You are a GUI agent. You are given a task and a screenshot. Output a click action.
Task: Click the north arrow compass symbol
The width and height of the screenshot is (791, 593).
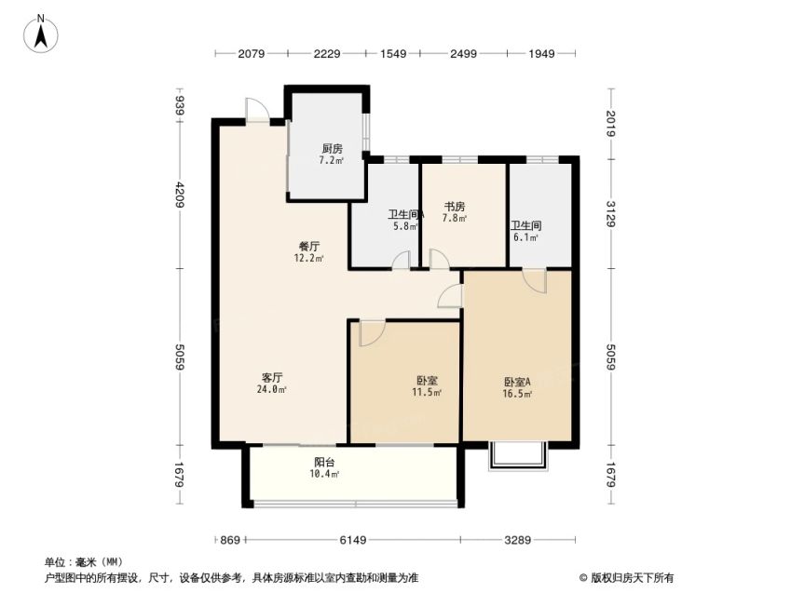(x=41, y=34)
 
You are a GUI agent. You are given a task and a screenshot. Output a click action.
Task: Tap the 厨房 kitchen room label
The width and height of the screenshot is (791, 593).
(x=332, y=149)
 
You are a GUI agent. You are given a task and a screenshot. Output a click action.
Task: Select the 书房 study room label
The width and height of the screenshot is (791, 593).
(x=455, y=207)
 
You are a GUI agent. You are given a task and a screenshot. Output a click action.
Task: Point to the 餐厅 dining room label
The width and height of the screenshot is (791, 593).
(x=309, y=247)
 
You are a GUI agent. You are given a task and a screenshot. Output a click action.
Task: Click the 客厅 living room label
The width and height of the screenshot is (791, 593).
(x=272, y=378)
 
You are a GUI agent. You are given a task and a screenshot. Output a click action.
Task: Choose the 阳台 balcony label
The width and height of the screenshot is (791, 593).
(x=324, y=463)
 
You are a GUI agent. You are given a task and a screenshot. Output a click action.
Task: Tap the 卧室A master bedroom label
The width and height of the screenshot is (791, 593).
(x=517, y=383)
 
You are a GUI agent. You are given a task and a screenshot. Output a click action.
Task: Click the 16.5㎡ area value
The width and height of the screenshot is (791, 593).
(x=517, y=394)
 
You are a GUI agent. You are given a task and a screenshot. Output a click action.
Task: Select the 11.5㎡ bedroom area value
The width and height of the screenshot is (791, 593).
(x=427, y=392)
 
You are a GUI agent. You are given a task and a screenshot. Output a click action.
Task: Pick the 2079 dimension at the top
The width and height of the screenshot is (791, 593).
(x=252, y=53)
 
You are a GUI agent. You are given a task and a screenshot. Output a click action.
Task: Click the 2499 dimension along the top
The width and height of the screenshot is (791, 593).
(x=463, y=53)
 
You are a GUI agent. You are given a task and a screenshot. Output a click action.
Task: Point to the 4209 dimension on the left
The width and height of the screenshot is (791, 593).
(x=180, y=194)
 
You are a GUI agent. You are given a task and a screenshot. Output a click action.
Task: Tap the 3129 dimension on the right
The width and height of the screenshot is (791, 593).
(x=611, y=214)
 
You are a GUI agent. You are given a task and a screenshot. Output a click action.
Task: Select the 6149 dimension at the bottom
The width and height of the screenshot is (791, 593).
(x=352, y=540)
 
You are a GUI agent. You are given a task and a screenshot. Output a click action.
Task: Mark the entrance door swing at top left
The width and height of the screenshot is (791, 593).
(x=256, y=108)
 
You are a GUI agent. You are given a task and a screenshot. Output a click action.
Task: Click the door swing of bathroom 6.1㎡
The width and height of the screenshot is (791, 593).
(x=535, y=280)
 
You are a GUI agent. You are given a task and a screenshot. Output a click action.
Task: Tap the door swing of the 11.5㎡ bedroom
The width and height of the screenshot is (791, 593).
(x=373, y=333)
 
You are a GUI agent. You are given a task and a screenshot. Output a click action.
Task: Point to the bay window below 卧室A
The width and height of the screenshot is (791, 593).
(x=518, y=456)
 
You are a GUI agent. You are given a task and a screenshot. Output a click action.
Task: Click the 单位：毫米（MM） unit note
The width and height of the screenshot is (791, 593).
(x=84, y=561)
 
